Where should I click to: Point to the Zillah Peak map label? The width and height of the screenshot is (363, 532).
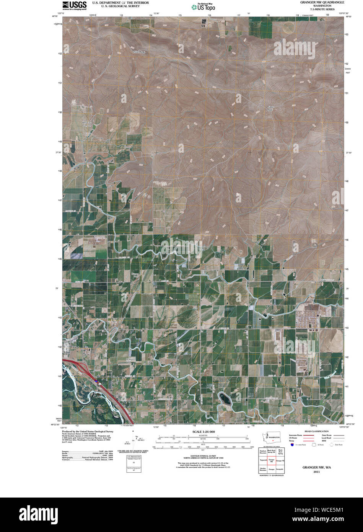(x=139, y=52)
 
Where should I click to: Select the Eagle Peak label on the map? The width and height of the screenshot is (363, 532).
(x=271, y=108)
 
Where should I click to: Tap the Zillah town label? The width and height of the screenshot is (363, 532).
(x=75, y=347)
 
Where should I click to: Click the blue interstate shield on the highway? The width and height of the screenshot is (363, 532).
(x=96, y=381)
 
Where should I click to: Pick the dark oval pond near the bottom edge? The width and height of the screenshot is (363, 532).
(x=225, y=399)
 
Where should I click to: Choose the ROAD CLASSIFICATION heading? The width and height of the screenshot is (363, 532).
(x=317, y=431)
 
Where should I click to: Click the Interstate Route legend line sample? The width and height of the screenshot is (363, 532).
(x=309, y=436)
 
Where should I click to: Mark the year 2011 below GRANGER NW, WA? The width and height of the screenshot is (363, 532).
(x=316, y=472)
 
